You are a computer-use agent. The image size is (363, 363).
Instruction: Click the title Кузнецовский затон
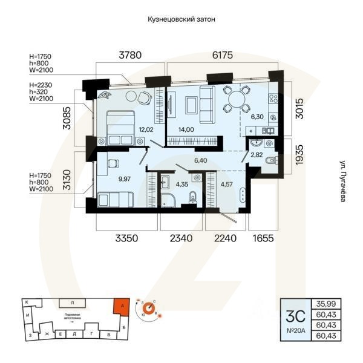click(x=181, y=19)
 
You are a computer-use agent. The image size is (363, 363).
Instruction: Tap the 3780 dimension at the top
click(x=129, y=55)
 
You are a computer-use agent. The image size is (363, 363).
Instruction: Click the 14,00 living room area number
click(x=186, y=129)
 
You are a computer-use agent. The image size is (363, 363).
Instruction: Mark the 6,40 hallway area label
click(x=201, y=160)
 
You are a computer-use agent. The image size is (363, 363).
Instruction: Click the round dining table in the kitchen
click(x=235, y=99)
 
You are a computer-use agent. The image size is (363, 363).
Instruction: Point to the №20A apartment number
click(x=295, y=331)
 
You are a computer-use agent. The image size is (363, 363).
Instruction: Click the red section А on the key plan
click(x=122, y=307)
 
